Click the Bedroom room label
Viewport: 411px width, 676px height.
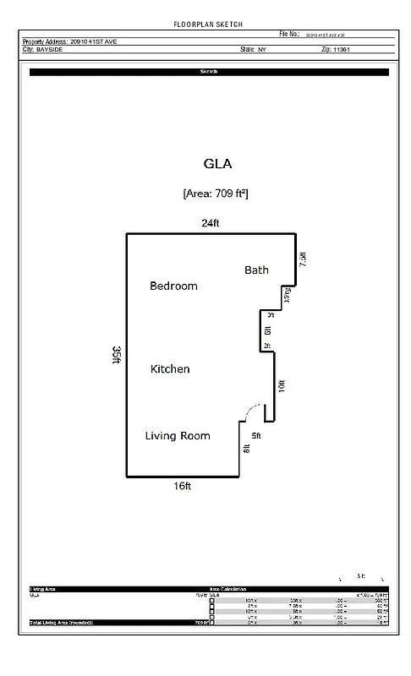tap(173, 286)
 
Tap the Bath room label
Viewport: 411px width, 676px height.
tap(256, 270)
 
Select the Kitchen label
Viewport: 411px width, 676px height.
tap(169, 369)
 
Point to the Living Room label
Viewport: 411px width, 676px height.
tap(177, 436)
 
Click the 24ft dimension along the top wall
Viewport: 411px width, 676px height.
tap(210, 224)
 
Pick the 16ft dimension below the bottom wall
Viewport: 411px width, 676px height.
tap(183, 486)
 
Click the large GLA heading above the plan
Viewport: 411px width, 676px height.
tap(217, 163)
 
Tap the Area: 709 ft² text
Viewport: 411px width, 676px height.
tap(215, 194)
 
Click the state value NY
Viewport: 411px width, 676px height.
tap(260, 50)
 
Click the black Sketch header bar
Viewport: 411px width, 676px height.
tap(209, 73)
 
